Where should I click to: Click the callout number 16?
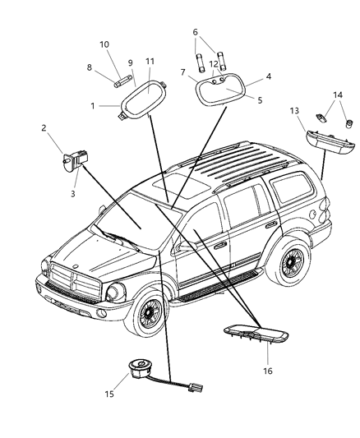click(x=267, y=371)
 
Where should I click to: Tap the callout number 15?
click(x=109, y=394)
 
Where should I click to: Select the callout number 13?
click(x=294, y=111)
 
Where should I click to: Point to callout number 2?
click(x=44, y=128)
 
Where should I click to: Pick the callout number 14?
click(x=338, y=95)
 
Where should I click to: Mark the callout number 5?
click(x=260, y=100)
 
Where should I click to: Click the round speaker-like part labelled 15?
click(x=139, y=368)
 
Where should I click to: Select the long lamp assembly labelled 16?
click(x=256, y=334)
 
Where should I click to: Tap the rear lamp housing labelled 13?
click(x=330, y=142)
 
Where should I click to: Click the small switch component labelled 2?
click(x=75, y=160)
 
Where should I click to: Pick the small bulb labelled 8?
click(x=121, y=83)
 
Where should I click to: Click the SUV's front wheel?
click(x=149, y=311)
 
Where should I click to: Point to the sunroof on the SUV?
click(x=181, y=185)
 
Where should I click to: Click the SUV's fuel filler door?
click(x=313, y=214)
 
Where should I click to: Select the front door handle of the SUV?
click(x=219, y=246)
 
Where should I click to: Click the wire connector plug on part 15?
click(x=196, y=388)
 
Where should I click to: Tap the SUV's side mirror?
click(x=186, y=246)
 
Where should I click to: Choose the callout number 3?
click(x=73, y=194)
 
